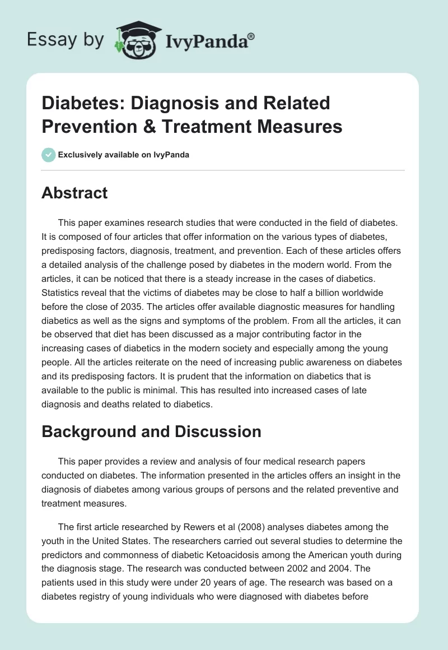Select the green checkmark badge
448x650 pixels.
(x=48, y=155)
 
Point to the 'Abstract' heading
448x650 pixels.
(x=74, y=193)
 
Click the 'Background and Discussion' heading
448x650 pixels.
(x=151, y=431)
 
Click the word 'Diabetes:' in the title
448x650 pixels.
(x=82, y=103)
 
